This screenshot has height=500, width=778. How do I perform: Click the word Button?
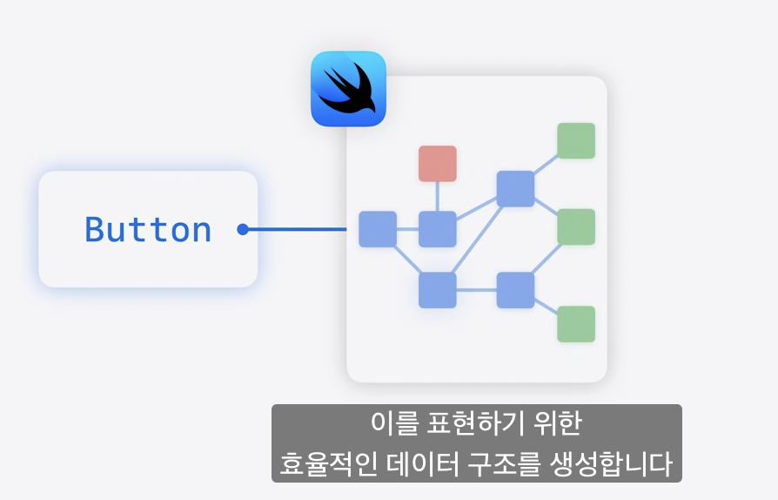[x=148, y=230]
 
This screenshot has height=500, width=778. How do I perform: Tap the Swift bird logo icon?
[x=348, y=89]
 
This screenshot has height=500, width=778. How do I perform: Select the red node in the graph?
[x=437, y=164]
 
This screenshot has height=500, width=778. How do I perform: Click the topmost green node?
[x=576, y=141]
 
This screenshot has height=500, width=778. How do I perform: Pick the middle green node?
[x=576, y=226]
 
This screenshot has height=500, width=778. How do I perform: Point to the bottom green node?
[x=576, y=324]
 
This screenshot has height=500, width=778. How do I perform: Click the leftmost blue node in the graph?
[x=378, y=229]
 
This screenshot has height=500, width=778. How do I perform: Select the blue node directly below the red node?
[x=437, y=229]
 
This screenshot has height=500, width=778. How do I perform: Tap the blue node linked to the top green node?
[x=515, y=188]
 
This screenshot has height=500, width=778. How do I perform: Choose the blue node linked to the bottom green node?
[x=515, y=290]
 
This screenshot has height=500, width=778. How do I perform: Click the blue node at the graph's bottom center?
[x=437, y=290]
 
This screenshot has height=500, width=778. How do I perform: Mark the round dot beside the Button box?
[x=243, y=230]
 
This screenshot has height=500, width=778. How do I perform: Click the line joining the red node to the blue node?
[x=437, y=196]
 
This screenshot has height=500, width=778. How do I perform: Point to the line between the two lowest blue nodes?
[x=476, y=290]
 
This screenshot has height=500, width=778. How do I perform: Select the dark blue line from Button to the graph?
[x=296, y=230]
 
